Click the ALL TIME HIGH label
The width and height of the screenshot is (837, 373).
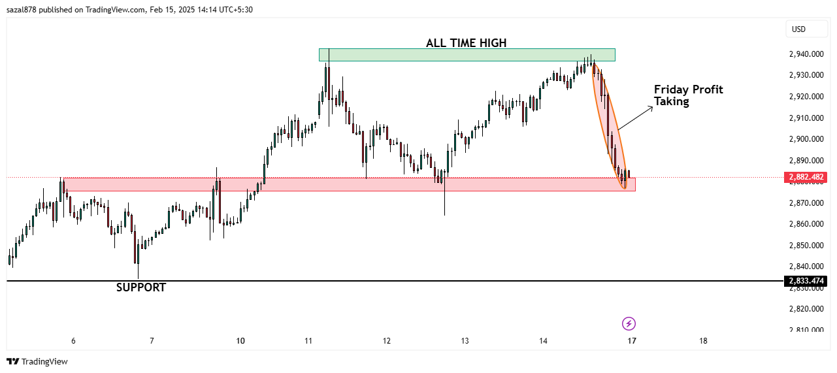coord(466,43)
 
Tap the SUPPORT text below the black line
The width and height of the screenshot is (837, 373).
coord(141,287)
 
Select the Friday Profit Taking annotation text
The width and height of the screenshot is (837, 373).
coord(688,95)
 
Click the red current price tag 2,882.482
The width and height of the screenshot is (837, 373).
coord(806,177)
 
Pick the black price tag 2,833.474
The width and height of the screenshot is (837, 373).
coord(806,281)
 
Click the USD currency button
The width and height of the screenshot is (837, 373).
coord(798,29)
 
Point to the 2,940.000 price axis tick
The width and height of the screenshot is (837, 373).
coord(806,54)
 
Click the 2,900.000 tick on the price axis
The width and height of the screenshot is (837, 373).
coord(806,139)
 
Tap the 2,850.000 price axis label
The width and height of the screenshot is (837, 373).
coord(806,246)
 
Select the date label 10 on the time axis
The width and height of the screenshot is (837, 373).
coord(240,341)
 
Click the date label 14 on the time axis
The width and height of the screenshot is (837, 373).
coord(543,341)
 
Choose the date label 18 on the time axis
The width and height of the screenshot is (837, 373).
coord(703,341)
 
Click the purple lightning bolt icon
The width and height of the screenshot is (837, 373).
coord(629,323)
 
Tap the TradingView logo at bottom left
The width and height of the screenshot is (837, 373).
coord(37,361)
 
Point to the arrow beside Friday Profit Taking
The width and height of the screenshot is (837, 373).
coord(636,118)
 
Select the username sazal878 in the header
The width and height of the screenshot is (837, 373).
coord(24,10)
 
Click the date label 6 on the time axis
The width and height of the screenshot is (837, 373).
coord(73,341)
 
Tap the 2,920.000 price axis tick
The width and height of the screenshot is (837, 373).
coord(806,97)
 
